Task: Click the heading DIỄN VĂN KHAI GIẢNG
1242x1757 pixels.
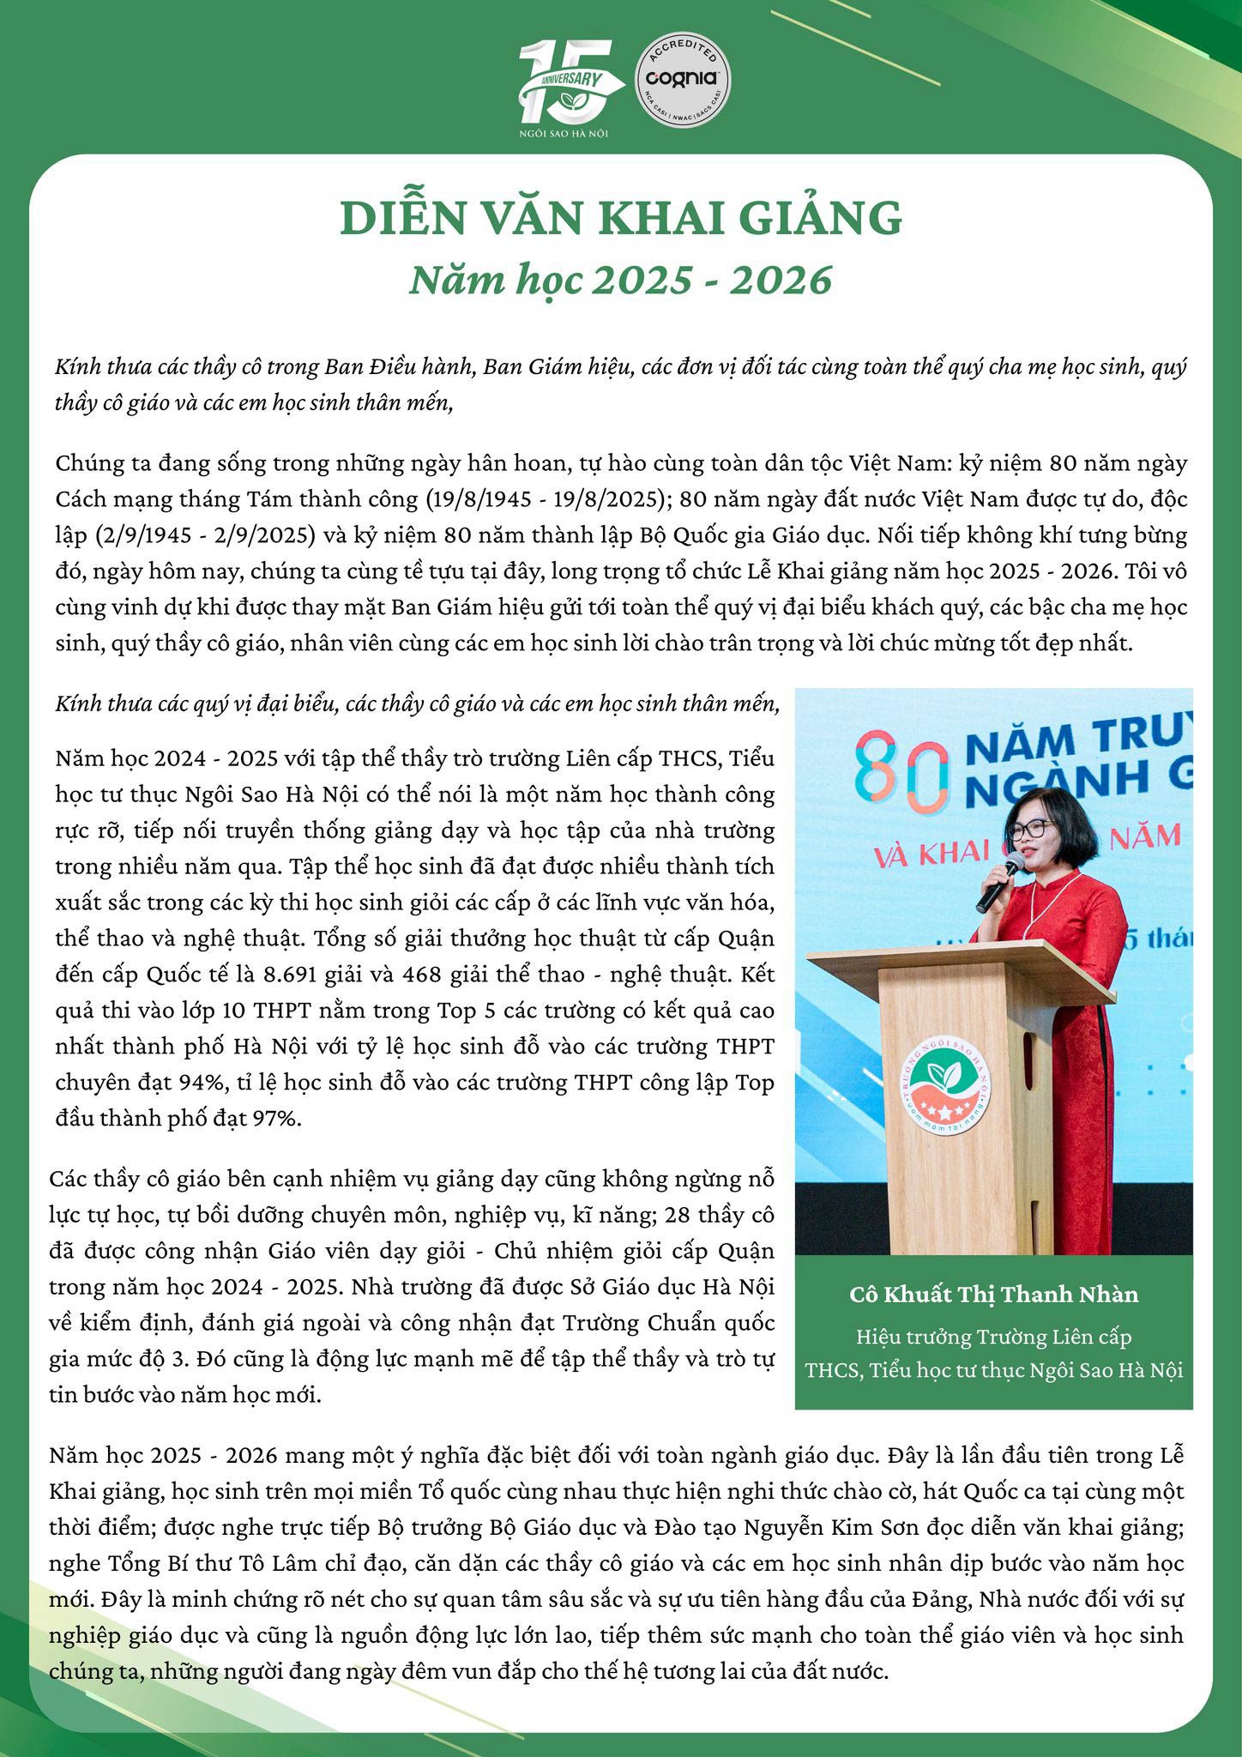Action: [621, 219]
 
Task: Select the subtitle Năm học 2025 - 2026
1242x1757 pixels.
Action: [621, 280]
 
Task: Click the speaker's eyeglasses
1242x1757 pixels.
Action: [1031, 830]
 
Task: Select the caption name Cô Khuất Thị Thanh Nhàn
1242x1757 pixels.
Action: [993, 1294]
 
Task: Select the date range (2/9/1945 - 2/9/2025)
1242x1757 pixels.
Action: [190, 535]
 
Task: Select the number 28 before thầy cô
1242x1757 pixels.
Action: [660, 1216]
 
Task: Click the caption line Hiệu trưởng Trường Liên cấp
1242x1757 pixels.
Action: [993, 1337]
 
